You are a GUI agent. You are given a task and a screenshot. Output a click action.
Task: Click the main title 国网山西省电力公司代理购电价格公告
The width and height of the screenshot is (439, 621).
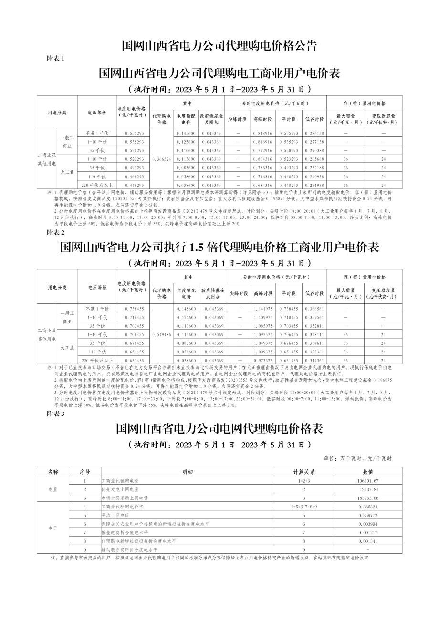(219, 46)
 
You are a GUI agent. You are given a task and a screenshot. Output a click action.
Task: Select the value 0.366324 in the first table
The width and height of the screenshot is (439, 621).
(161, 158)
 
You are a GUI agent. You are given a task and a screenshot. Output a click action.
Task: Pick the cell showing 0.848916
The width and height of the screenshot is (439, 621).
(262, 133)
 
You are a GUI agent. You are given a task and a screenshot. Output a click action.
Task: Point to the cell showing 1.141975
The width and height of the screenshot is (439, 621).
(262, 309)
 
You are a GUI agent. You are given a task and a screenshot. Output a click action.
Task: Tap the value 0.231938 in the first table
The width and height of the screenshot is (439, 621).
(314, 185)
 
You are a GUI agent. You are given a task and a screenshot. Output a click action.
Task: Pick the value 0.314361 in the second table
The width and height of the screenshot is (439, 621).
(314, 361)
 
